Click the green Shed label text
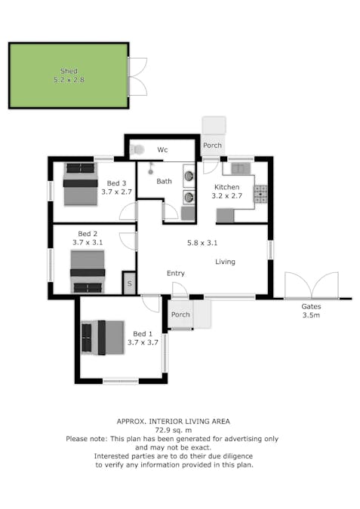point(69,71)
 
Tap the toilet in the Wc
point(137,149)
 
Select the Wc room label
point(162,149)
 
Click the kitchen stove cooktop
point(260,194)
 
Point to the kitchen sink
point(241,168)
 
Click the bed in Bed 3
point(81,184)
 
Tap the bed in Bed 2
point(88,271)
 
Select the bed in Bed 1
point(103,338)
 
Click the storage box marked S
point(129,284)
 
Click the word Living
point(225,262)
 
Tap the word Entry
point(176,273)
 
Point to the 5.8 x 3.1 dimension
point(202,243)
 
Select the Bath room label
point(164,181)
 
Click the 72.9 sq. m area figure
point(173,430)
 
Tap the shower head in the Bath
point(150,168)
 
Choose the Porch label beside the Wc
point(212,145)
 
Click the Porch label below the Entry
point(180,314)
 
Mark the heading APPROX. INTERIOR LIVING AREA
point(173,422)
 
